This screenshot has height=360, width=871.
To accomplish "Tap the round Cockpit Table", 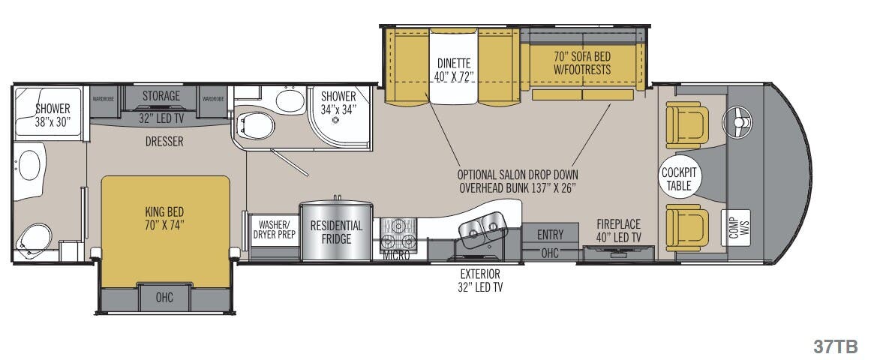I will [679, 179].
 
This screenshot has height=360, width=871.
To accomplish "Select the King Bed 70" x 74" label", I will [165, 217].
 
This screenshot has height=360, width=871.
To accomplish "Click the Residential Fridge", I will [337, 232].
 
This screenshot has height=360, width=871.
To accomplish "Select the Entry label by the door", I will [550, 235].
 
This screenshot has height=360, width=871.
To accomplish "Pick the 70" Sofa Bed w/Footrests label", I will [582, 63].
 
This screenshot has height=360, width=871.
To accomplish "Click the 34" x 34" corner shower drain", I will [335, 120].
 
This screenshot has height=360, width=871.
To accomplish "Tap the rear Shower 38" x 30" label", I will [52, 114].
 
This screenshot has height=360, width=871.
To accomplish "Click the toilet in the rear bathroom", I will [32, 238].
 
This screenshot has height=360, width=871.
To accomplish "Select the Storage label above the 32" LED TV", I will [161, 96].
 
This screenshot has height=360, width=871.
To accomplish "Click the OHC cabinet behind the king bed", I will [164, 298].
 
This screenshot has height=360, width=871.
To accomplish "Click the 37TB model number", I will [835, 346].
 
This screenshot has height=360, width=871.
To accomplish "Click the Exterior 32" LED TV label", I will [480, 280].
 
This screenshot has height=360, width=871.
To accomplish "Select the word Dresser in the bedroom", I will [164, 141].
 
